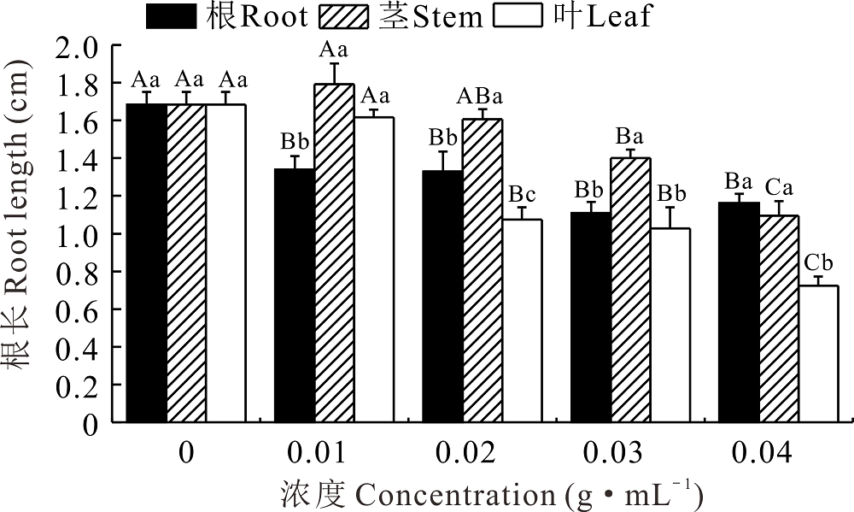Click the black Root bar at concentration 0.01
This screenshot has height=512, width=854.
pos(294,295)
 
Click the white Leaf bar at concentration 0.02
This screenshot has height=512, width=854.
pos(520,321)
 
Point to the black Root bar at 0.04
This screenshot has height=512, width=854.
pos(739,312)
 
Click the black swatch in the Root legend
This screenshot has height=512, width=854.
pos(172,16)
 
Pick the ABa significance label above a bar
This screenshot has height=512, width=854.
pos(477,97)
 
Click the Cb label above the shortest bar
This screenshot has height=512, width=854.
pos(818,264)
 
